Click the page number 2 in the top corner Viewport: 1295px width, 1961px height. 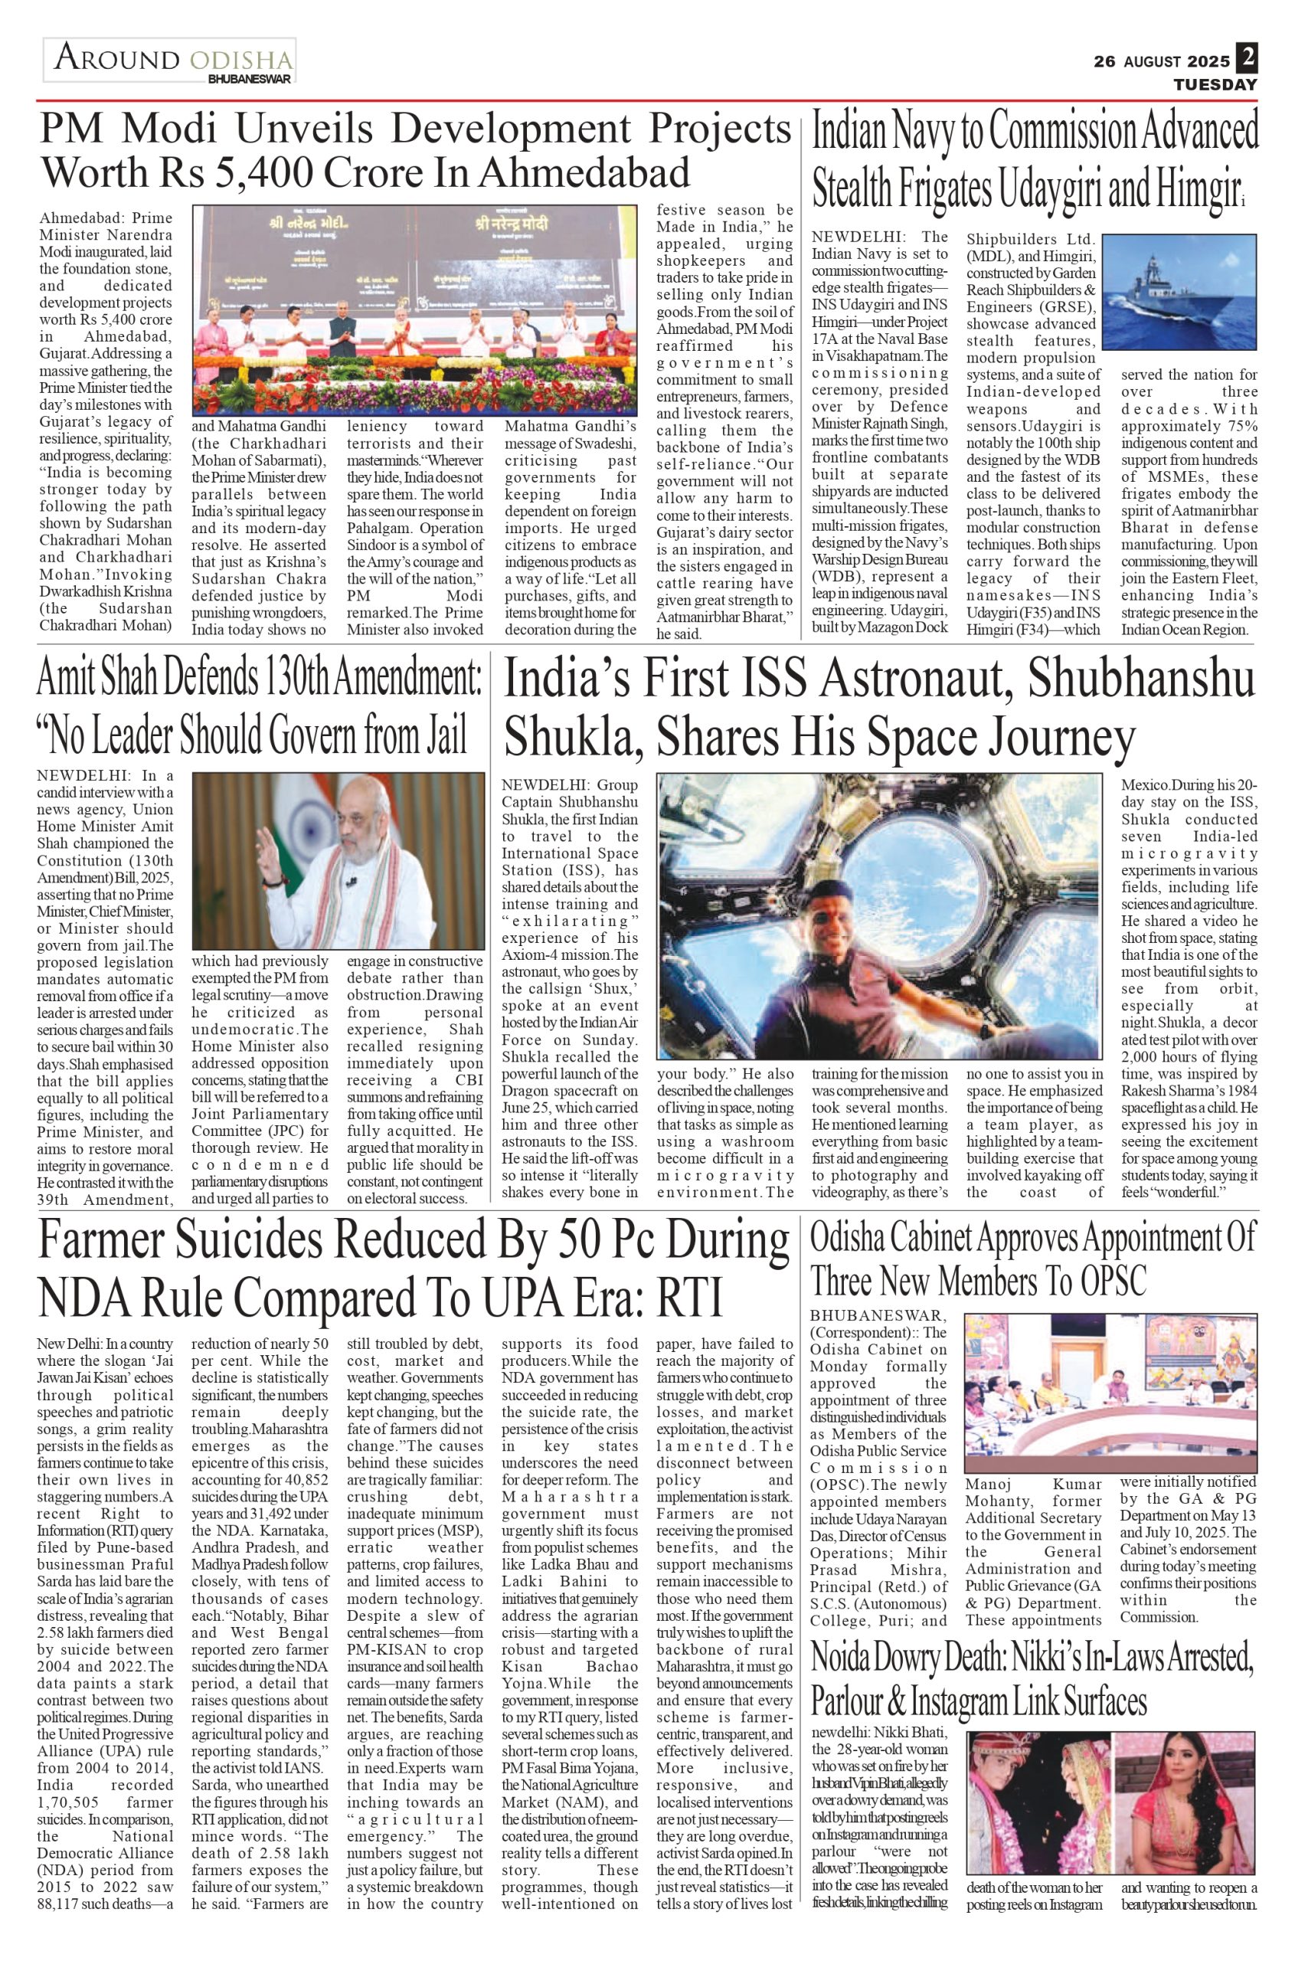point(1247,59)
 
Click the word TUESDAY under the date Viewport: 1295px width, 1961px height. point(1215,85)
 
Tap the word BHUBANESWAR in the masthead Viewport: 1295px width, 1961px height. point(250,80)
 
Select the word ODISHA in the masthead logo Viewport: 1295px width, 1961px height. point(241,61)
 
